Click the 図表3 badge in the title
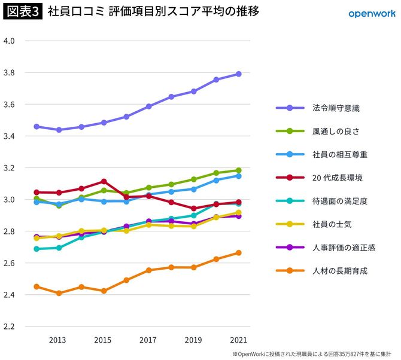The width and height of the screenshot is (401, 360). (23, 12)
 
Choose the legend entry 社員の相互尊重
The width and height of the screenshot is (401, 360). (339, 154)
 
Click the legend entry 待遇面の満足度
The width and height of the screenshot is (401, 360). (339, 201)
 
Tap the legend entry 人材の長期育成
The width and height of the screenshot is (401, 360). (339, 271)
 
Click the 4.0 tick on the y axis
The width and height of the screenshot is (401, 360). (13, 41)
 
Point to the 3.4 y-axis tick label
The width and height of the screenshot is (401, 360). (13, 136)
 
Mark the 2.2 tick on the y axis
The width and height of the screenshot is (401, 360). (13, 327)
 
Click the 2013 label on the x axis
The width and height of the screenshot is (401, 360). (58, 340)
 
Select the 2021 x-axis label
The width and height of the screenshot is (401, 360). (238, 340)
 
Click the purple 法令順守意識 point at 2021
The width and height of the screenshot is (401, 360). (238, 74)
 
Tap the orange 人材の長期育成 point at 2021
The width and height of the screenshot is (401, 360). (238, 253)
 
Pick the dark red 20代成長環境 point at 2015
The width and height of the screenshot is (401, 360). (104, 181)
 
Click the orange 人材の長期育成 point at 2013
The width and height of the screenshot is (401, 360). (59, 294)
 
